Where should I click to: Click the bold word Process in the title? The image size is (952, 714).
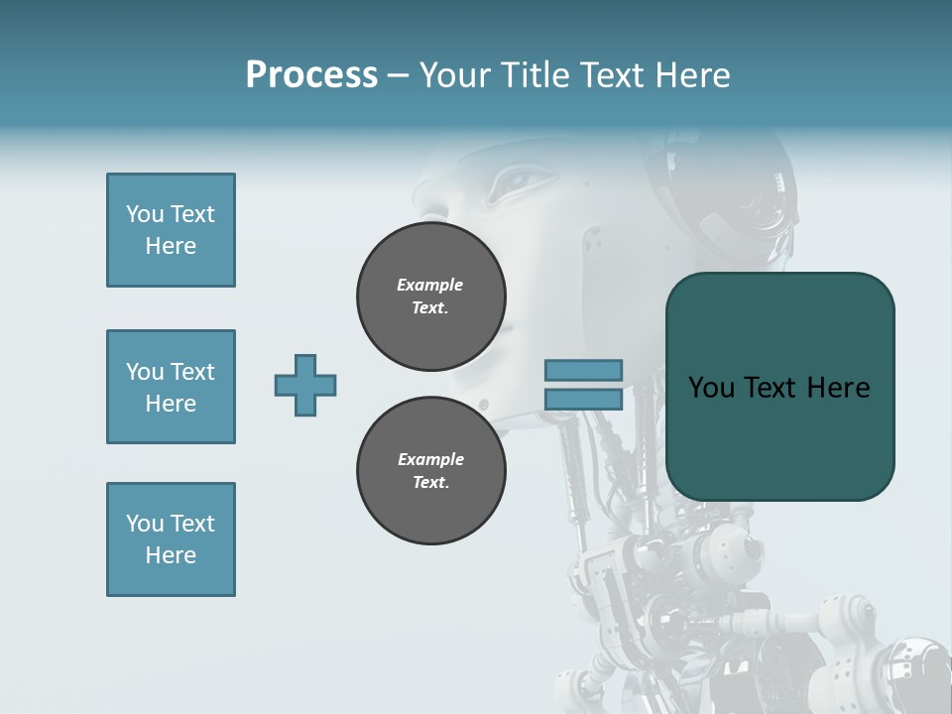point(311,75)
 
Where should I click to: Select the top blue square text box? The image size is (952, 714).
point(171,230)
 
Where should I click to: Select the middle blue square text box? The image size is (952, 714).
point(171,387)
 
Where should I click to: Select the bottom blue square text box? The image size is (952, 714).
point(171,539)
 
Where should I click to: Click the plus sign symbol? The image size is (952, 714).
point(305,385)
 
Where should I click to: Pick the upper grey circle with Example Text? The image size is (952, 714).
point(430,297)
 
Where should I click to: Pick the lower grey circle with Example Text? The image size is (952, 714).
point(430,471)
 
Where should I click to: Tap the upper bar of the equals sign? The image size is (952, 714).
point(583,371)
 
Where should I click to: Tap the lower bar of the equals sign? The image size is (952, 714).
point(583,400)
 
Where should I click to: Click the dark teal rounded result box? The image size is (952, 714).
point(779,436)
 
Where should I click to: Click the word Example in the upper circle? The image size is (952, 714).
point(429,285)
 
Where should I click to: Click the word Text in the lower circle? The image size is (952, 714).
point(429,483)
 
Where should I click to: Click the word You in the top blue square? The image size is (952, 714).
point(144,214)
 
